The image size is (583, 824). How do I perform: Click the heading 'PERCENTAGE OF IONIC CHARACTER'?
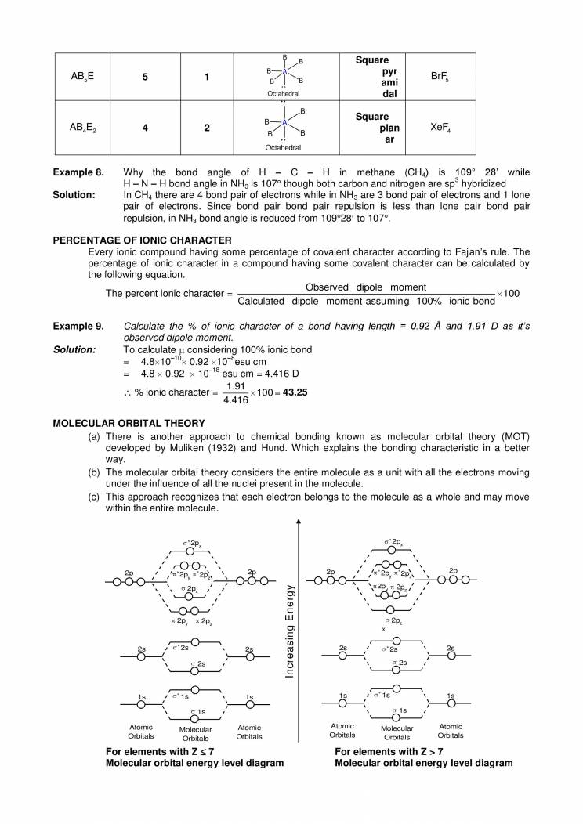141,239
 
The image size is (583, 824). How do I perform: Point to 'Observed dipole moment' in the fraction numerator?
365,287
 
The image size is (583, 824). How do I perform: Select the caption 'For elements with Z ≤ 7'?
160,751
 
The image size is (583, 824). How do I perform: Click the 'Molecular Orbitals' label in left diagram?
196,733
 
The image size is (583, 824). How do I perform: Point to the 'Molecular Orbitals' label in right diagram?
397,732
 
